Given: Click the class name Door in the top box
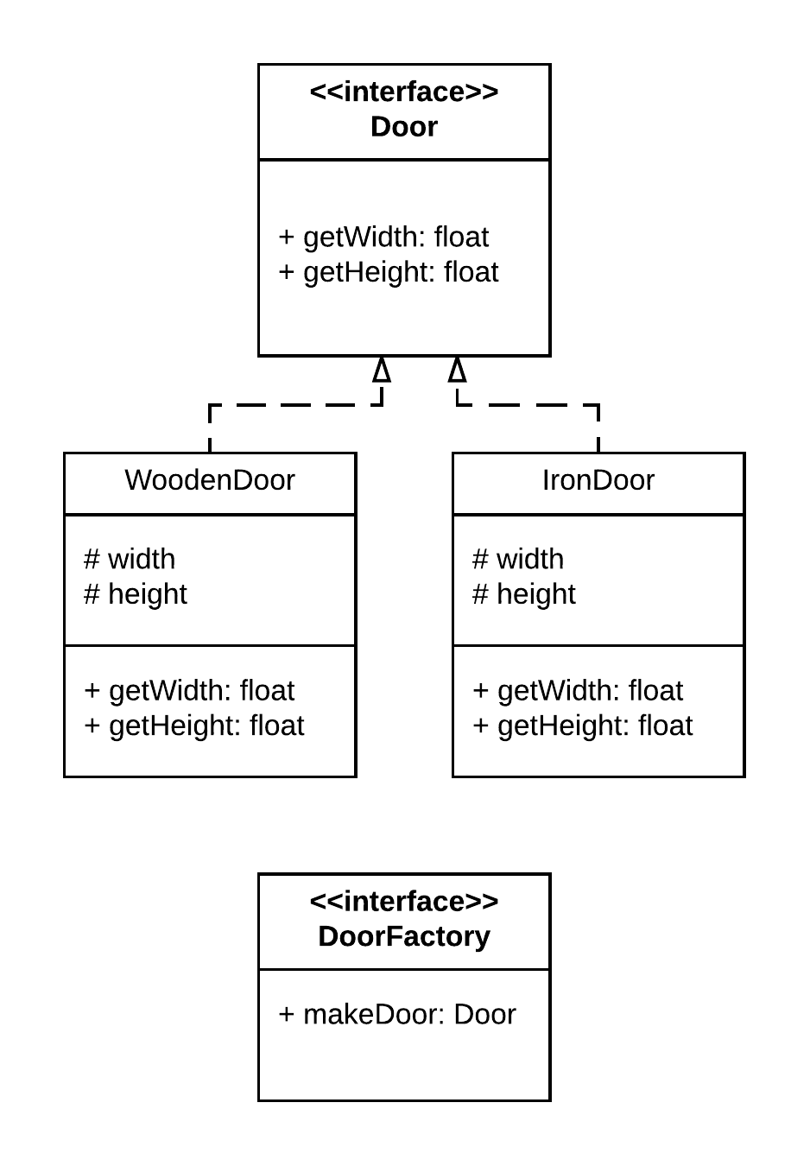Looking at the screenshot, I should pyautogui.click(x=404, y=127).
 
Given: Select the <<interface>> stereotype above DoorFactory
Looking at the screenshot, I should pyautogui.click(x=404, y=902).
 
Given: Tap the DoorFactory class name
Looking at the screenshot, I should pyautogui.click(x=404, y=936).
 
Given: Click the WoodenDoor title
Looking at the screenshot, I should pyautogui.click(x=210, y=480).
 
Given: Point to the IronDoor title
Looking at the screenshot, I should pyautogui.click(x=598, y=480).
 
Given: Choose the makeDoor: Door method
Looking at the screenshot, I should pyautogui.click(x=397, y=1014).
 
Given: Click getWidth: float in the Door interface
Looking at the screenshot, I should pyautogui.click(x=384, y=237).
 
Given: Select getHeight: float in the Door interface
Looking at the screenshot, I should pyautogui.click(x=389, y=272).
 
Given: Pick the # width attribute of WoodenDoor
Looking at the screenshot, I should pyautogui.click(x=130, y=560).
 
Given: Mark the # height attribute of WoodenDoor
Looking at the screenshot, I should pyautogui.click(x=136, y=594).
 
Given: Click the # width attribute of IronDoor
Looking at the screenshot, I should pyautogui.click(x=518, y=560).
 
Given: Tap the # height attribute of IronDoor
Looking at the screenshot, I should pyautogui.click(x=524, y=594).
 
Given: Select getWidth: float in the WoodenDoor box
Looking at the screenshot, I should pyautogui.click(x=190, y=691).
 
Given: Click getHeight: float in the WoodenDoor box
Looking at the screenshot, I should pyautogui.click(x=194, y=726).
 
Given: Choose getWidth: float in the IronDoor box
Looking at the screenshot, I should pyautogui.click(x=579, y=691).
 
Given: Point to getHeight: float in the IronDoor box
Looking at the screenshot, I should pyautogui.click(x=583, y=726).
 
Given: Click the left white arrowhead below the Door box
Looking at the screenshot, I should pyautogui.click(x=382, y=371).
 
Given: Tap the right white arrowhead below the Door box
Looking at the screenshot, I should pyautogui.click(x=457, y=371).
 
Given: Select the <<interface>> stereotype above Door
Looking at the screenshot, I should pyautogui.click(x=404, y=92).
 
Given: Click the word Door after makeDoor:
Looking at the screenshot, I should pyautogui.click(x=484, y=1014).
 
